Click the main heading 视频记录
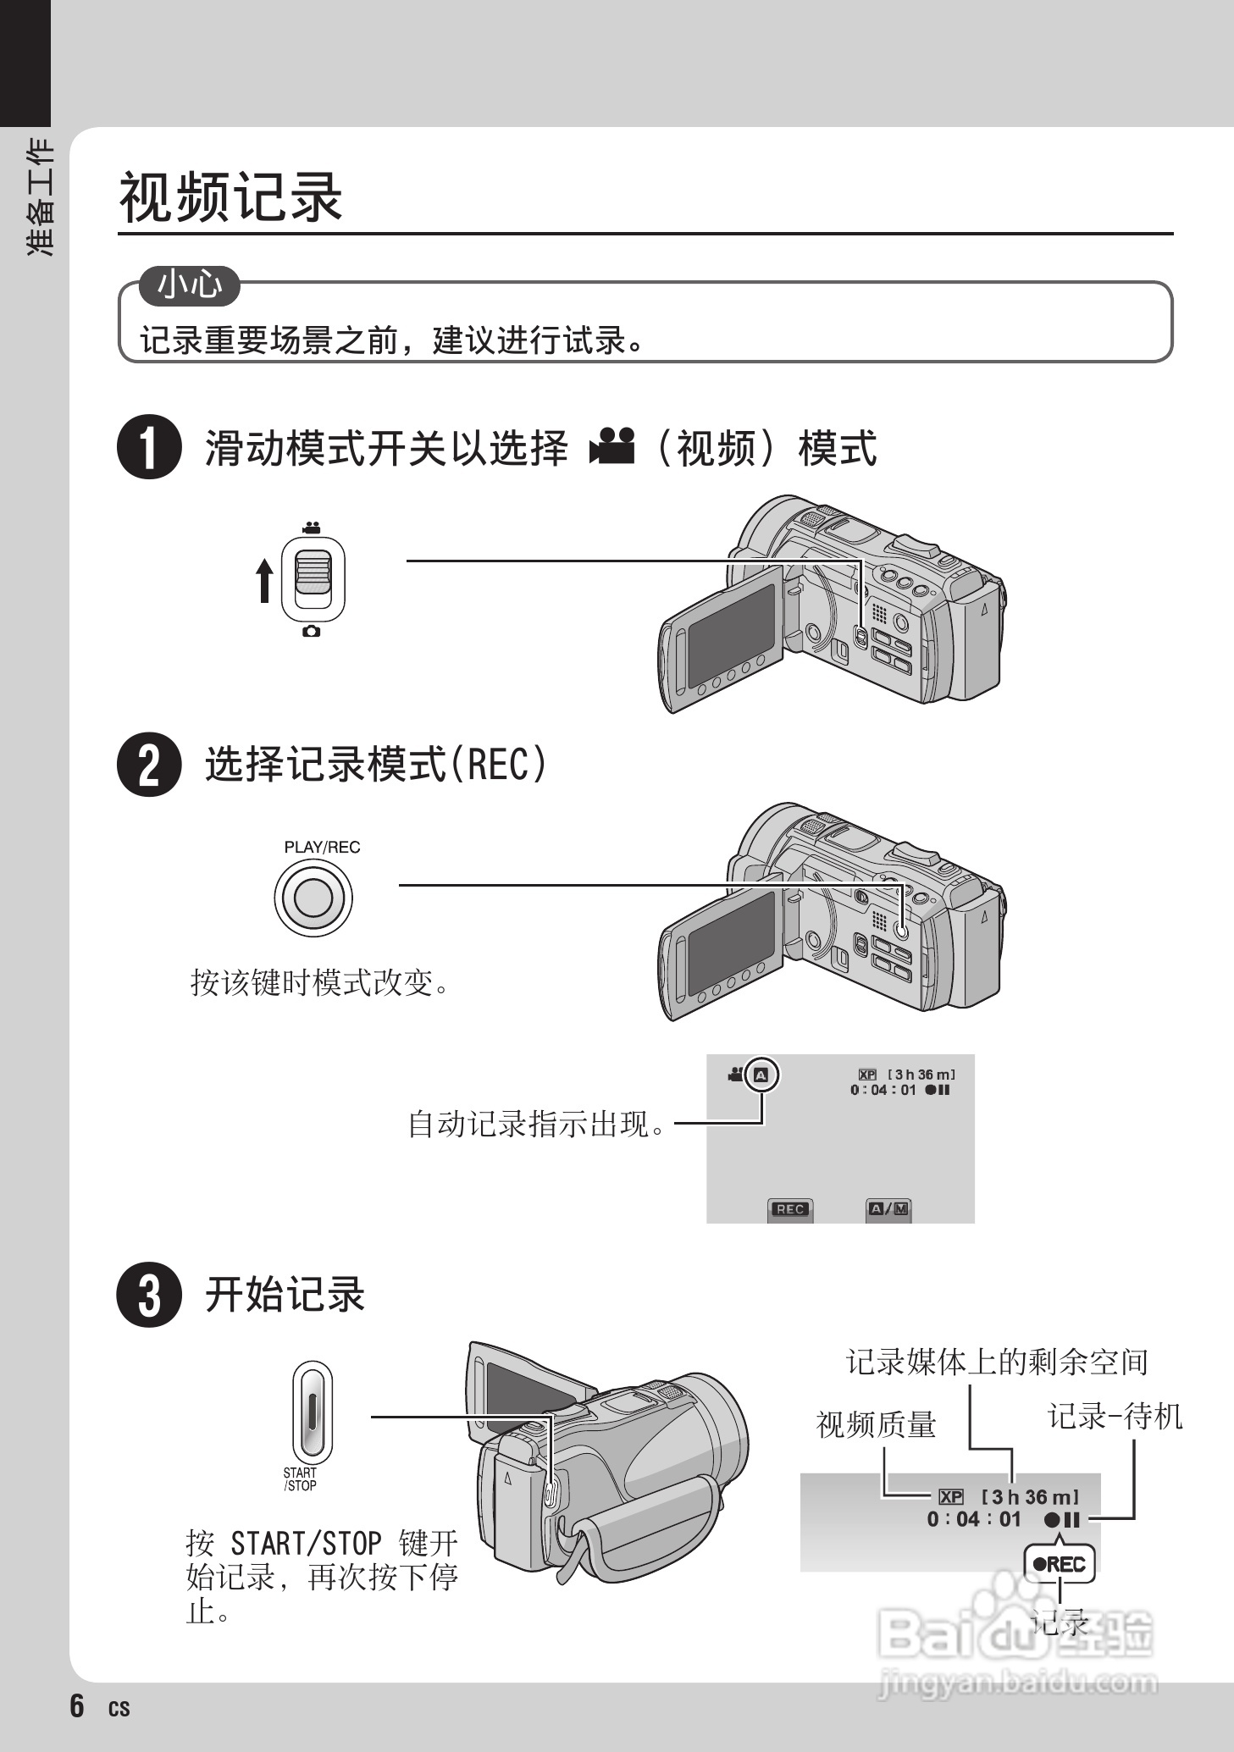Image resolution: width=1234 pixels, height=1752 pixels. point(230,196)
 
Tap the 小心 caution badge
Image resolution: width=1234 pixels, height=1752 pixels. point(190,285)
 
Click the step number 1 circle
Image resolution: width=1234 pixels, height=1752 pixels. point(149,447)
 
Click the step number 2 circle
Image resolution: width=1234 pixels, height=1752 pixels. point(149,764)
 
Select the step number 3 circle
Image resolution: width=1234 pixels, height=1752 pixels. point(149,1295)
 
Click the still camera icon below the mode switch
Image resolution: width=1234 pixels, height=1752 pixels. point(312,631)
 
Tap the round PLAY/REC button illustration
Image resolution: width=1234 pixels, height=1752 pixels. point(313,898)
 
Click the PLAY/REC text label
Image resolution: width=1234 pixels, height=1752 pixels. point(322,847)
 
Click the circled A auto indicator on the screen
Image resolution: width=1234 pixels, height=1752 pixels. point(761,1075)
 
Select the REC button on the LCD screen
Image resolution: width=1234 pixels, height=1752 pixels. point(789,1209)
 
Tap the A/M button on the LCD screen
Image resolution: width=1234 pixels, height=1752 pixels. point(888,1209)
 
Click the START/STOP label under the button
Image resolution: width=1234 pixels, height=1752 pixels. point(300,1478)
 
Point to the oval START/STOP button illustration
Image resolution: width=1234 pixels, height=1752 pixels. point(312,1411)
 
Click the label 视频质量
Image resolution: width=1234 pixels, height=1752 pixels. point(876,1424)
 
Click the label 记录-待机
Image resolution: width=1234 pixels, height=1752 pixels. point(1115,1416)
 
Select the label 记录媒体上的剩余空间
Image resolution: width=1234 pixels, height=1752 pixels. point(997,1362)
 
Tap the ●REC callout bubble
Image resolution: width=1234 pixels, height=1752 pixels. point(1059,1564)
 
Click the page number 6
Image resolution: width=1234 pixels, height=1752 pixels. point(77,1705)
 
